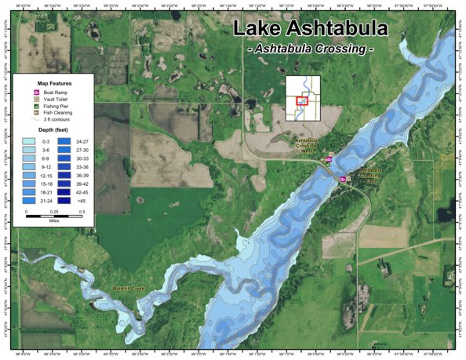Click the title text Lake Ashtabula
pos(310,29)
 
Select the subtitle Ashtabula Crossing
pos(310,49)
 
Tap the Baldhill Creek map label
pos(129,289)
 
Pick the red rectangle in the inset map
pos(300,100)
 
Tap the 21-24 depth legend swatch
pos(29,202)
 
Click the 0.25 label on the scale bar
pos(54,213)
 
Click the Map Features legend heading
pos(53,82)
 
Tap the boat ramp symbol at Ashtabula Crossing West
pos(329,159)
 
